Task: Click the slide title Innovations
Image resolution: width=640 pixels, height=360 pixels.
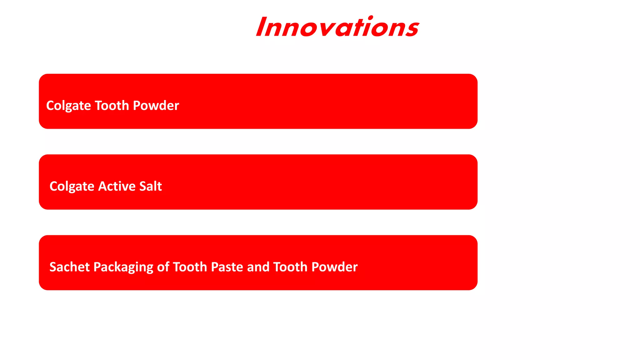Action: click(x=337, y=27)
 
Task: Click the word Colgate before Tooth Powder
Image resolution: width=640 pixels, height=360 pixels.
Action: click(x=68, y=106)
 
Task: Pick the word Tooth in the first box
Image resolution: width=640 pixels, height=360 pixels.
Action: click(x=112, y=106)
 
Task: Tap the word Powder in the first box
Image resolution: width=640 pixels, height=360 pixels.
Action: click(x=156, y=106)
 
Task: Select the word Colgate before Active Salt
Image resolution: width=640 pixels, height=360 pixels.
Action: click(x=72, y=187)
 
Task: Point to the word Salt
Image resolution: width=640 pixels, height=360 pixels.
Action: click(x=150, y=186)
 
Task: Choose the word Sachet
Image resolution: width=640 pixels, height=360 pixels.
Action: click(x=69, y=267)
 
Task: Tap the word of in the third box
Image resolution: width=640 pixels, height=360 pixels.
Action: click(x=163, y=267)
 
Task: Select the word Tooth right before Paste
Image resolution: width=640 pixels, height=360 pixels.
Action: click(x=190, y=267)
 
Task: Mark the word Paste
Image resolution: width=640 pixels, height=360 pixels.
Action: click(x=227, y=267)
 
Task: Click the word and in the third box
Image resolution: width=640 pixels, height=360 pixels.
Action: click(x=258, y=267)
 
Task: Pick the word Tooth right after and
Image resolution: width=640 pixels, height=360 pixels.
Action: click(x=290, y=267)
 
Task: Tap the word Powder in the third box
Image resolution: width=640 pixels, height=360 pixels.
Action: click(x=334, y=267)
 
